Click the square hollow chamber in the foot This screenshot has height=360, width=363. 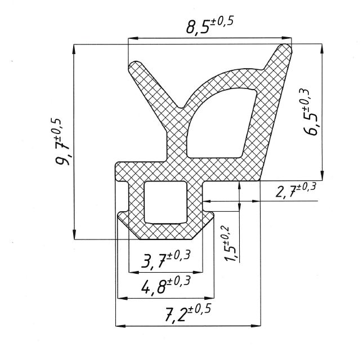click(x=165, y=202)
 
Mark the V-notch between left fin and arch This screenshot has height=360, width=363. click(x=181, y=108)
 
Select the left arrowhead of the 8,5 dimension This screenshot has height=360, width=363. click(x=133, y=38)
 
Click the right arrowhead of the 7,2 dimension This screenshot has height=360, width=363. click(x=256, y=326)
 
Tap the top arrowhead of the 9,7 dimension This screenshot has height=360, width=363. click(x=74, y=49)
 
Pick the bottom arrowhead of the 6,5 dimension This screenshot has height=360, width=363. click(x=322, y=175)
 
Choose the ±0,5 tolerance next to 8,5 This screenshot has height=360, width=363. click(x=222, y=22)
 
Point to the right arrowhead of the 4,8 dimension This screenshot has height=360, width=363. click(x=209, y=298)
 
